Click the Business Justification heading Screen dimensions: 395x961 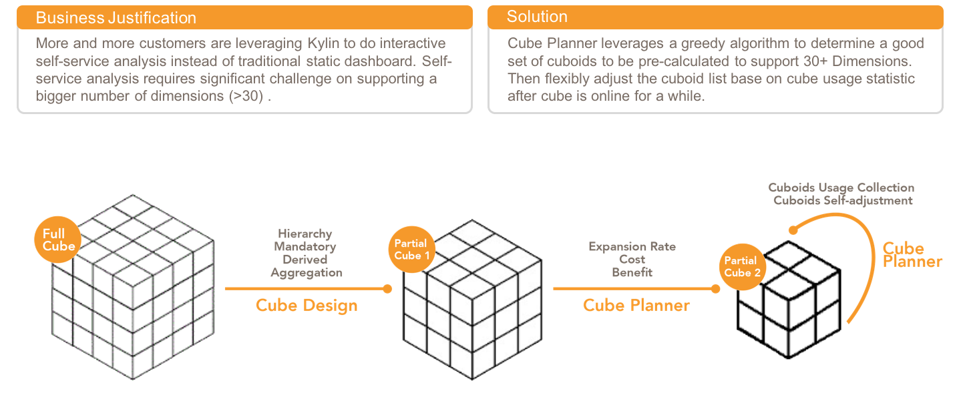pyautogui.click(x=116, y=18)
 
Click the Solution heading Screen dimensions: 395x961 pyautogui.click(x=537, y=17)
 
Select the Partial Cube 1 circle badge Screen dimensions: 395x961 pyautogui.click(x=411, y=250)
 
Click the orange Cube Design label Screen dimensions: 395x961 pyautogui.click(x=307, y=306)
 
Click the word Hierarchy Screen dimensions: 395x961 pyautogui.click(x=305, y=234)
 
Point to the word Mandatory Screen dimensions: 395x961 pyautogui.click(x=305, y=247)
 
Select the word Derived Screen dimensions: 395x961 pyautogui.click(x=305, y=260)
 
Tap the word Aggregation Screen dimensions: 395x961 pyautogui.click(x=306, y=272)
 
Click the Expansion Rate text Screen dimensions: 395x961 pyautogui.click(x=632, y=247)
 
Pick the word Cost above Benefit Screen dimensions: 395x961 pyautogui.click(x=632, y=260)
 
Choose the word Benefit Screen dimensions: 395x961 pyautogui.click(x=632, y=272)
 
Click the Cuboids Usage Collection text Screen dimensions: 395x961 pyautogui.click(x=841, y=188)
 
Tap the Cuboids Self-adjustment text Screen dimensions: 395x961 pyautogui.click(x=843, y=200)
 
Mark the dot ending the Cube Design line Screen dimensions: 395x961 pyautogui.click(x=387, y=289)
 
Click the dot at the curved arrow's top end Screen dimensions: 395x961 pyautogui.click(x=792, y=230)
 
